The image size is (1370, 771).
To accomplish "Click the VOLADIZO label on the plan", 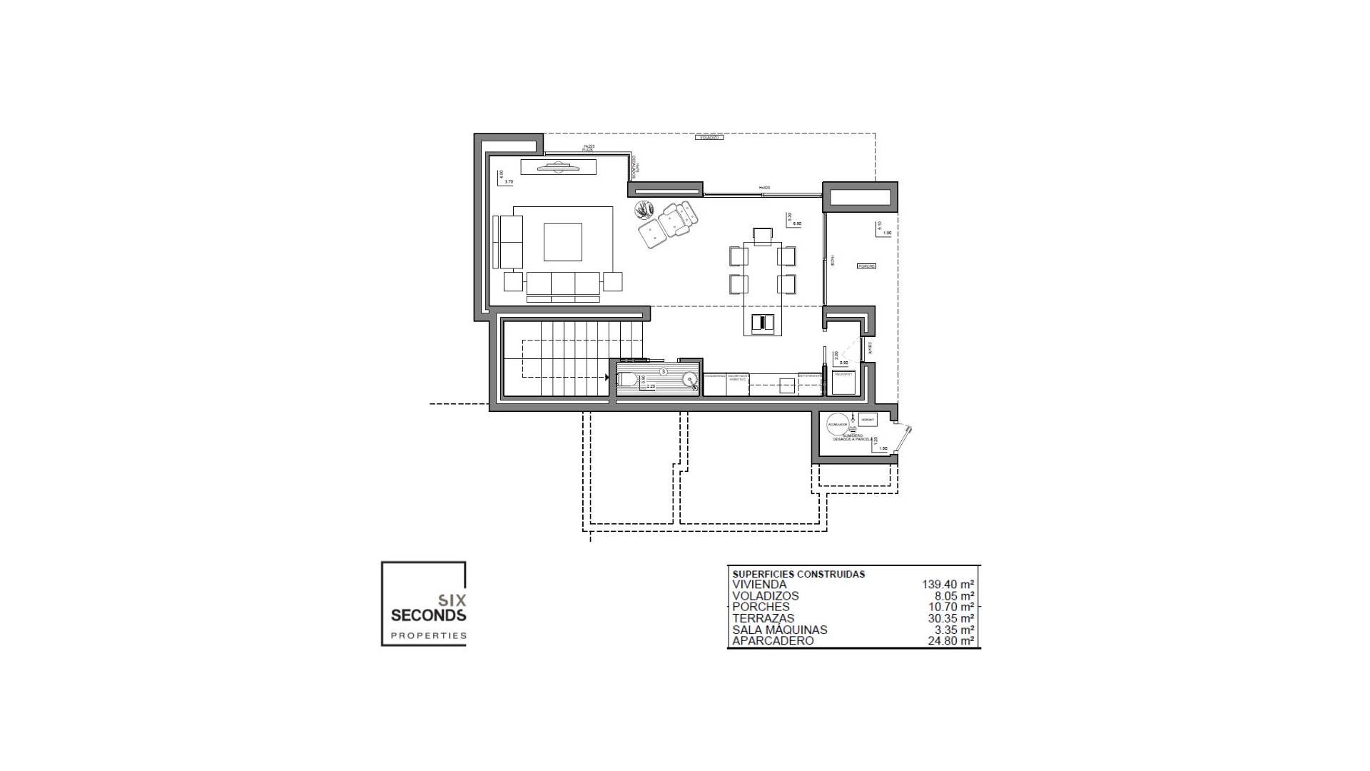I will click(x=709, y=137).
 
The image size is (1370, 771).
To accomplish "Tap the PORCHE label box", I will click(x=866, y=266).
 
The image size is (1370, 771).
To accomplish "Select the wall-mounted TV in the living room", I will click(x=557, y=167).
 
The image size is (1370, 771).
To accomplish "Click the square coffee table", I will click(x=562, y=242).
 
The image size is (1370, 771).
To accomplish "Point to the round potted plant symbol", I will click(x=644, y=209).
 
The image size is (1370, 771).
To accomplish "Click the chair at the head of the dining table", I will click(x=763, y=236).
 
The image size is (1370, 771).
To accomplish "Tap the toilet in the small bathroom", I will click(x=627, y=380).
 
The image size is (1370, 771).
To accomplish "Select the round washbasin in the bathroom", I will click(x=690, y=380).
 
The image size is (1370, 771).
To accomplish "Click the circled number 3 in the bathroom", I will click(x=663, y=372).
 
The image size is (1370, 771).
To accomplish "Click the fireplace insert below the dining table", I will click(x=763, y=323).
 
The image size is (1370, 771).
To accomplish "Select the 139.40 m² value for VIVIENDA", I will click(x=948, y=585).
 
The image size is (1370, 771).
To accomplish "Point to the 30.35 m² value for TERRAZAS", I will click(x=950, y=618).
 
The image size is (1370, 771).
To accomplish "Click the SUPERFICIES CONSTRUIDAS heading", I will click(x=798, y=574).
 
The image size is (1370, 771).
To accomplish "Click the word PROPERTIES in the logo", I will click(x=428, y=635).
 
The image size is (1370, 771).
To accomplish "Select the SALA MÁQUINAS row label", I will click(x=780, y=630).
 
